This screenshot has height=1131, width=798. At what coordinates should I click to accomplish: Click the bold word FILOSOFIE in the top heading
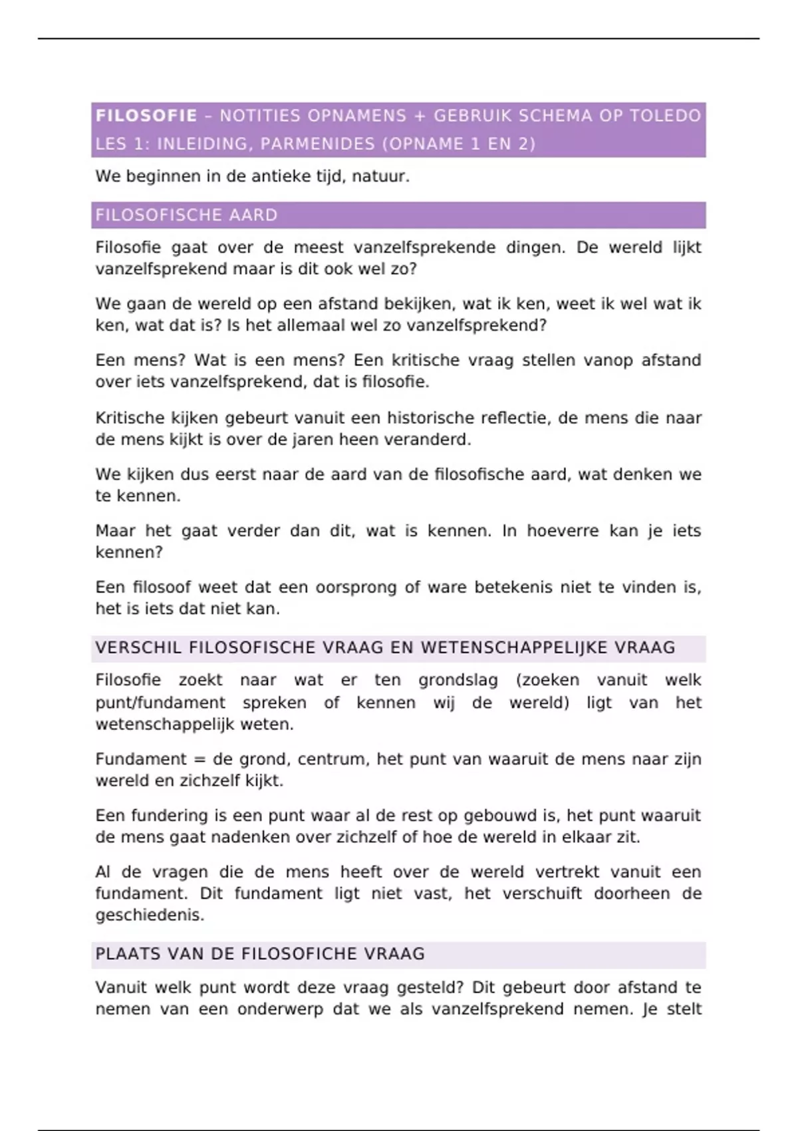[x=146, y=116]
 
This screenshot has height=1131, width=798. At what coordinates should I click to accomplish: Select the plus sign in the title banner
[x=419, y=116]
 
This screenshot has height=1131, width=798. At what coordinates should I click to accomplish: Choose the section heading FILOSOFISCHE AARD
[x=186, y=216]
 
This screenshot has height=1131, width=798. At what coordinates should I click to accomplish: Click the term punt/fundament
[x=160, y=703]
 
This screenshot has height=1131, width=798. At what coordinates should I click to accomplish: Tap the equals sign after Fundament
[x=199, y=760]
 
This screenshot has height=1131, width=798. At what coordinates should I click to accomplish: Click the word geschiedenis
[x=149, y=915]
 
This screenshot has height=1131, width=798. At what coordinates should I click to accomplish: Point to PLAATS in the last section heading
[x=126, y=954]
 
